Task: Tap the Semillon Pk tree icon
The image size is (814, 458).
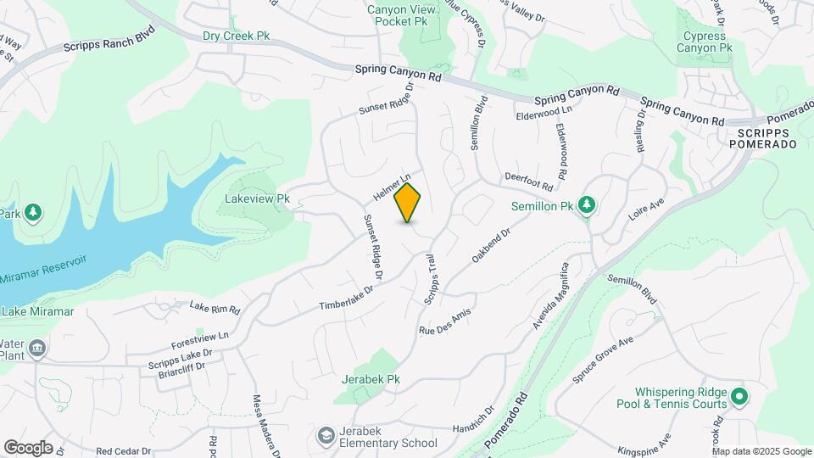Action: point(586,204)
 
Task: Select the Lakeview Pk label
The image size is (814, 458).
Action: point(258,199)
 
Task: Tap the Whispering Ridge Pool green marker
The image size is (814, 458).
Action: point(739,396)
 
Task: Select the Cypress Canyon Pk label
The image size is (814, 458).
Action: point(704,42)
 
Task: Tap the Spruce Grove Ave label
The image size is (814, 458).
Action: point(603,360)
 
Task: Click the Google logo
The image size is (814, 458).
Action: point(28,448)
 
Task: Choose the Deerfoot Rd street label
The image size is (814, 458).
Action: point(528,181)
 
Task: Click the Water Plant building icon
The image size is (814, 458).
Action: point(36,349)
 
